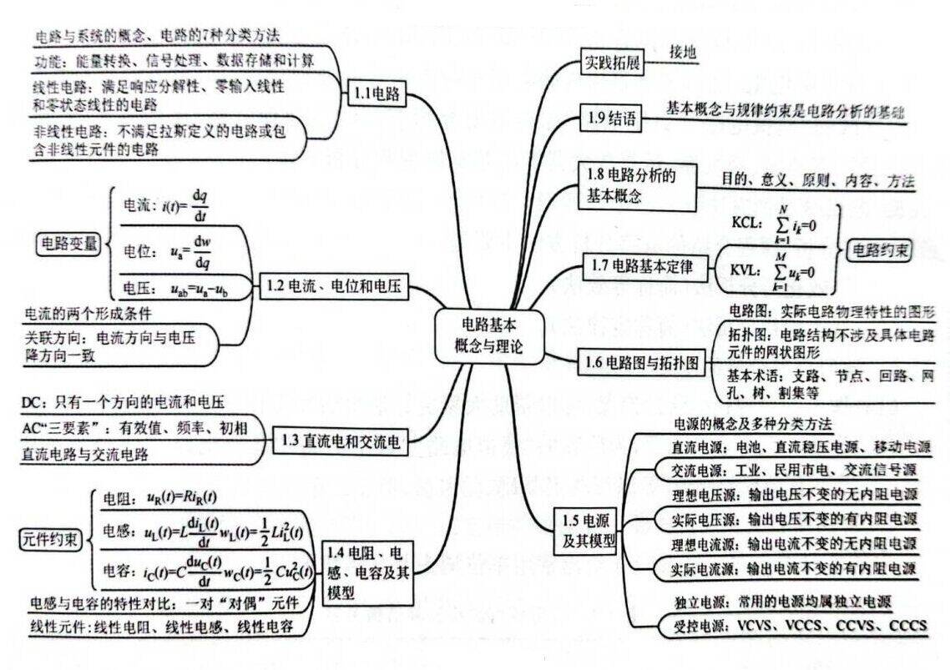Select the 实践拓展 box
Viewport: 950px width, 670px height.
pos(612,62)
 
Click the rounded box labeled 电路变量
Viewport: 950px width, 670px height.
pos(68,244)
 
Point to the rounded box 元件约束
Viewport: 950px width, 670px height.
pos(50,539)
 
